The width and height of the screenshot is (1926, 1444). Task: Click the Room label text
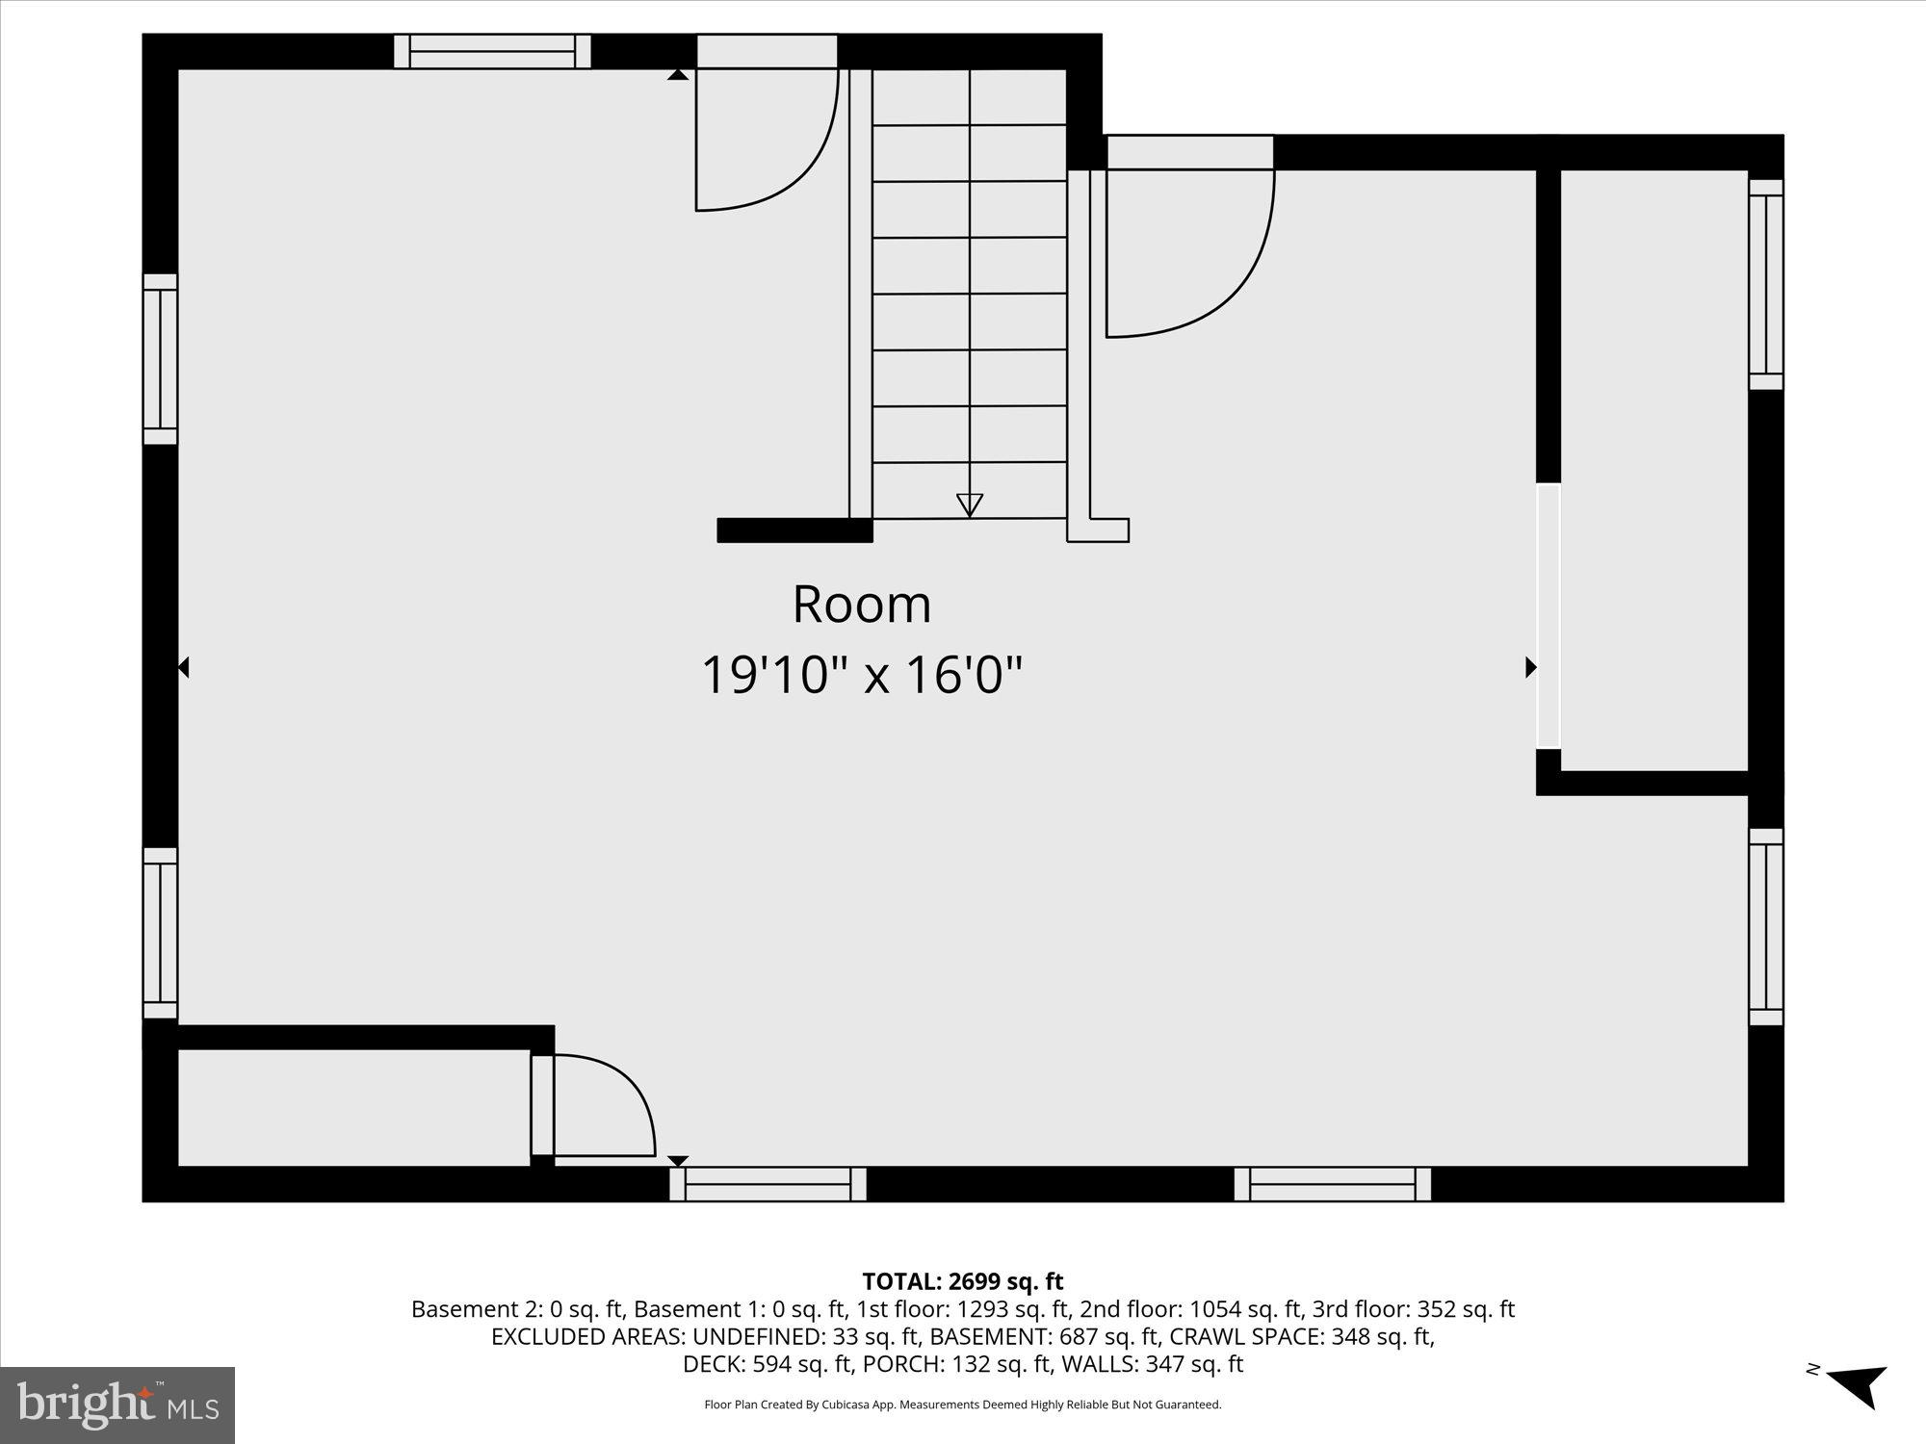coord(862,605)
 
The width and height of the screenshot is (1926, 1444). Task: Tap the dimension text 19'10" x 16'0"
coord(861,674)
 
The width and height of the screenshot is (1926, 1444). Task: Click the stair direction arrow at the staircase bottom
coord(969,504)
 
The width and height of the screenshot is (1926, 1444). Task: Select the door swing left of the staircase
coord(766,140)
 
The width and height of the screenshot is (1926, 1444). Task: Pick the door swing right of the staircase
coord(1189,252)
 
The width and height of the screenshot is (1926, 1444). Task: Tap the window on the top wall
coord(492,51)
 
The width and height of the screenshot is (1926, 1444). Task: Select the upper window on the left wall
coord(160,359)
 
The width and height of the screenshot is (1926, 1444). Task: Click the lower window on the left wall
coord(160,933)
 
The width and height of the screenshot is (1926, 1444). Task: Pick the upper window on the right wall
coord(1765,285)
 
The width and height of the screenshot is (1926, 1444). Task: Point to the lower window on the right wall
coord(1765,927)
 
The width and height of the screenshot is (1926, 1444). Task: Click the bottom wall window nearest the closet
coord(768,1184)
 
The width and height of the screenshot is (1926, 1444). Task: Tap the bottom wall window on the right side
coord(1332,1184)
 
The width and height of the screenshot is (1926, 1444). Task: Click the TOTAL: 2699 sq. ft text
coord(962,1281)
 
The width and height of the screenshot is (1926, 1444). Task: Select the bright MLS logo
coord(117,1405)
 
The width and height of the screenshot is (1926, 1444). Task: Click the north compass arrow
coord(1858,1385)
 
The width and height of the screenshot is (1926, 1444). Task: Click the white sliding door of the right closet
coord(1548,616)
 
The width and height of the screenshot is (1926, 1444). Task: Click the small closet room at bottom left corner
coord(353,1107)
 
